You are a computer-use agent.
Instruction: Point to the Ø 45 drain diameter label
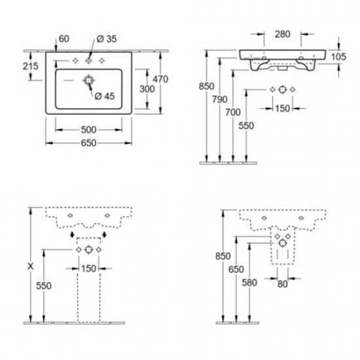click(105, 97)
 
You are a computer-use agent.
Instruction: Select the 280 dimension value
click(282, 33)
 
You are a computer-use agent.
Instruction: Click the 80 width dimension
click(282, 284)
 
